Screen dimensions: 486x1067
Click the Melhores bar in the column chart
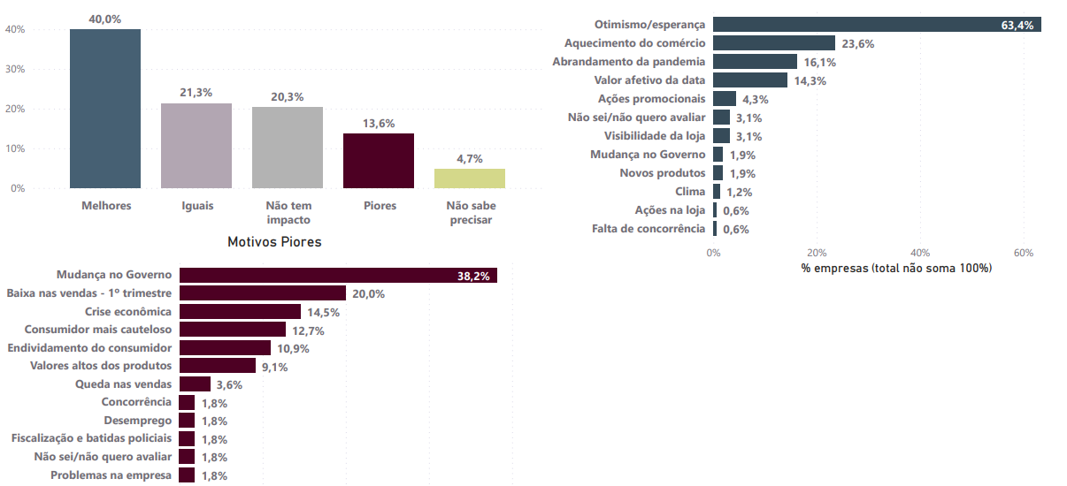[105, 109]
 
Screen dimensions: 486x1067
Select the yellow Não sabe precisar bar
[470, 178]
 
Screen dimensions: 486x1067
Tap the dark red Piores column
[379, 160]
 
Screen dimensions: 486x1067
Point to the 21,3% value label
[196, 93]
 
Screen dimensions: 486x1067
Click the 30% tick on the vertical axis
[15, 69]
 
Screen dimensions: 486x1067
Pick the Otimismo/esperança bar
[876, 25]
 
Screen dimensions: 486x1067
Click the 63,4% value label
[1017, 26]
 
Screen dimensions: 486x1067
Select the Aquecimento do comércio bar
[774, 43]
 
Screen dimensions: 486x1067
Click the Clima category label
[690, 192]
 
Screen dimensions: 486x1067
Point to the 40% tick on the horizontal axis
[920, 253]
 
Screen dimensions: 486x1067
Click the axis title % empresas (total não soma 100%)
[896, 268]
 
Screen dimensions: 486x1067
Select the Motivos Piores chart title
[274, 241]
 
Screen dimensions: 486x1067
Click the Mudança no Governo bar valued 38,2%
[338, 276]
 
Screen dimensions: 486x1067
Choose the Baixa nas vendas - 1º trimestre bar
[262, 293]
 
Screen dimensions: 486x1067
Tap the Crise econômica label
[128, 312]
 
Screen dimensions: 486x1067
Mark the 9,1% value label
[274, 367]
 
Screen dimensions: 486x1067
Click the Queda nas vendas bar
[195, 384]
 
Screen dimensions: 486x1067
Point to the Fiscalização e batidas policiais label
[91, 438]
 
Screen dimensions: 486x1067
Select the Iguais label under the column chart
[196, 206]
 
